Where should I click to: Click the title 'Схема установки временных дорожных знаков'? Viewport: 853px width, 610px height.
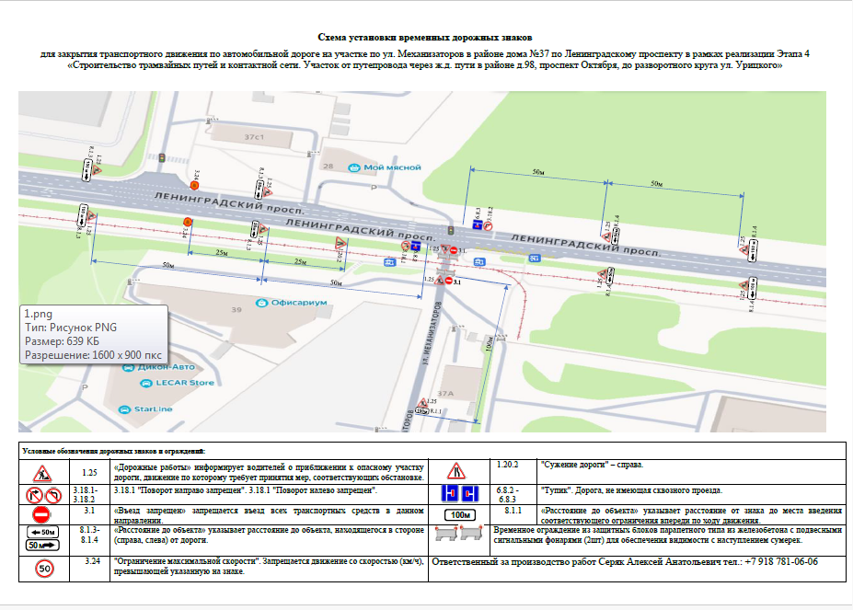[x=426, y=37]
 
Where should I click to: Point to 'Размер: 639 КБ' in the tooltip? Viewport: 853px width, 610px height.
[x=63, y=341]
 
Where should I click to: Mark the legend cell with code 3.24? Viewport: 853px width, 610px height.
[x=89, y=561]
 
